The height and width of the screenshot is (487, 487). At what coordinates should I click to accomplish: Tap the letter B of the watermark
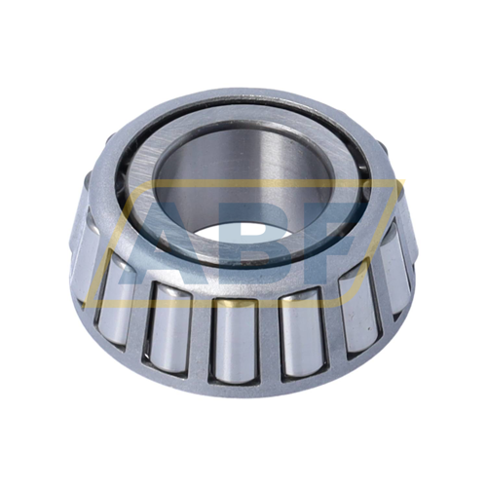click(x=257, y=242)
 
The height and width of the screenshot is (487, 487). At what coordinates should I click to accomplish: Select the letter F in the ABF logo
click(x=328, y=242)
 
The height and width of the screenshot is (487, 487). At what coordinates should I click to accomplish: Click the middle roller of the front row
click(x=235, y=340)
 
